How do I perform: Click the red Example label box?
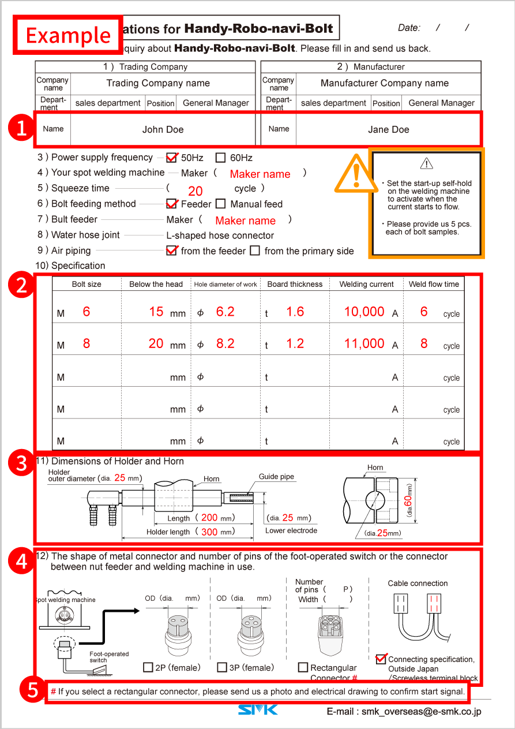pos(68,35)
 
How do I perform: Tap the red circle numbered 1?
pos(21,128)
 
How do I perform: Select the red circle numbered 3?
pos(21,463)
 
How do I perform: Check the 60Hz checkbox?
pos(220,158)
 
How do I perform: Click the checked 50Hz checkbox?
pos(171,158)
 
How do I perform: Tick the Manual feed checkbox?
pos(220,204)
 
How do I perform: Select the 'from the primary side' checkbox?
pos(255,251)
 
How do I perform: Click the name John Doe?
pos(163,129)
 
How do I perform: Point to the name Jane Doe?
pos(388,129)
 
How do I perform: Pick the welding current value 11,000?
pos(364,343)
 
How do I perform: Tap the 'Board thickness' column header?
pos(295,284)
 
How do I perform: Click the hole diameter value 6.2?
pos(225,312)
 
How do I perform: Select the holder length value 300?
pos(209,532)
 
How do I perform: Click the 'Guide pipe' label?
pos(276,477)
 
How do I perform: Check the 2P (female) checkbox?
pos(148,667)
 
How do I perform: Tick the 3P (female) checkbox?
pos(222,667)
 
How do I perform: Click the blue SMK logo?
pos(258,709)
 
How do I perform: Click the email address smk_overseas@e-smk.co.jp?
pos(421,712)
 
